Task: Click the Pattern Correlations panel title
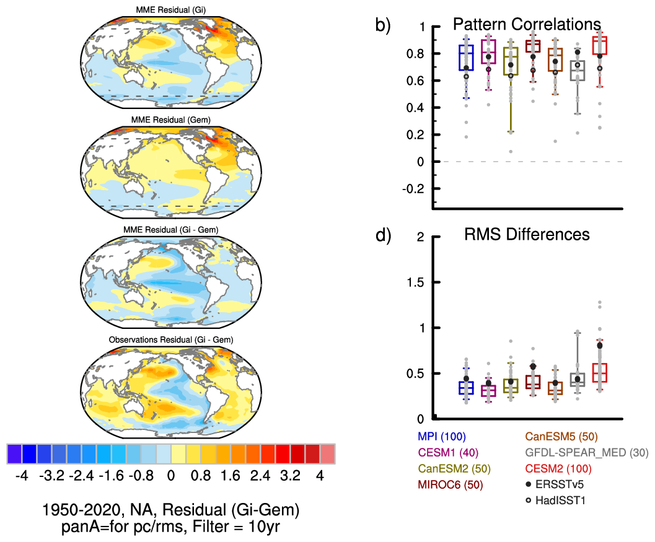click(x=527, y=24)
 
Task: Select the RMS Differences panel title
click(x=527, y=235)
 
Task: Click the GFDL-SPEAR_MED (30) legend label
click(x=586, y=453)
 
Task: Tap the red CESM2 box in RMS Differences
click(x=600, y=372)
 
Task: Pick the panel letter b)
click(x=384, y=25)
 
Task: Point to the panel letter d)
click(x=384, y=236)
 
